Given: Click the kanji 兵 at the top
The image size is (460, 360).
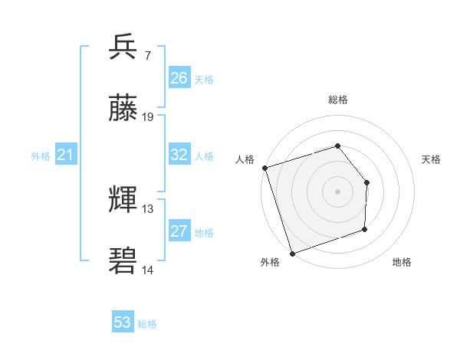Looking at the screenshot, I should pos(123,47).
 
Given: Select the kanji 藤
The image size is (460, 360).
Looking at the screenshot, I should pos(123,109).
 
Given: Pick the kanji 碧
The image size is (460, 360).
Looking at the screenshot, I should pos(123,261).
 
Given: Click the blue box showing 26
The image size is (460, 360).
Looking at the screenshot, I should pos(179,78).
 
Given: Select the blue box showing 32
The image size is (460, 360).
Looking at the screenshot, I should pos(179,155).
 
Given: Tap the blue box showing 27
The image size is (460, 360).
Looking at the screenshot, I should pos(179,231).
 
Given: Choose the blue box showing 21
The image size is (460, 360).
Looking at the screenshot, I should pos(66,155).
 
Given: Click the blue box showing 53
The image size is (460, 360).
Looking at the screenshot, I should pos(123,322).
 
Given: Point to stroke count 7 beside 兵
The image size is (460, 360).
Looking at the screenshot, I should pos(147,56).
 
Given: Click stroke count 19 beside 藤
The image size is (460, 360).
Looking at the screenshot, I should pos(148,117).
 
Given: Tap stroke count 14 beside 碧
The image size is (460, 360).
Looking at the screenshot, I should pos(148,270).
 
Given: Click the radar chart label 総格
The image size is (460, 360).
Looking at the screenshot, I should pos(338,100).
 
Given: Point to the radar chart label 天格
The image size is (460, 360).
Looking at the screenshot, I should pos(431,159).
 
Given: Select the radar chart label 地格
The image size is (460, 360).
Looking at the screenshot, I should pos(402,263).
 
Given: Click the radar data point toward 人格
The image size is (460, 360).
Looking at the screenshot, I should pos(264,168).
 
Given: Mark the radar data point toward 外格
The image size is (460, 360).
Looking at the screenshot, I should pos(292,254).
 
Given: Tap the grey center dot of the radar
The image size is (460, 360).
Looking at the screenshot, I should pos(338,191).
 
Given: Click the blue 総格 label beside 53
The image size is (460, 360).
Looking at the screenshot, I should pos(148,324).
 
